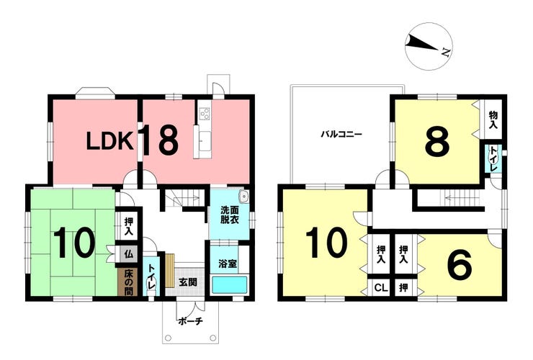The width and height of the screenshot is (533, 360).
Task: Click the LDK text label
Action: [109, 141]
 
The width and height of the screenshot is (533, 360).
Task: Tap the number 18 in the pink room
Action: [159, 139]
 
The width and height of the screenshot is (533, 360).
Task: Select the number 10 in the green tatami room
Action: [73, 243]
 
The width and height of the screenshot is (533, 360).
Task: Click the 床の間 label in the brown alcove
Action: [127, 282]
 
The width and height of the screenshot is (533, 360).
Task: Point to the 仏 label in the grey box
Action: [128, 254]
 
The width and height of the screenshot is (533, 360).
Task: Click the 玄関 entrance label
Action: [188, 282]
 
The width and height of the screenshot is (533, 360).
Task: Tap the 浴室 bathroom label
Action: [228, 264]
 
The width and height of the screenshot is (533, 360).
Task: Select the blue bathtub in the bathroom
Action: [230, 285]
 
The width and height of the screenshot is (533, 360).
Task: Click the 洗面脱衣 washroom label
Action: [230, 215]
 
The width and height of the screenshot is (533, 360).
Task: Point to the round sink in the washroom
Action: [243, 197]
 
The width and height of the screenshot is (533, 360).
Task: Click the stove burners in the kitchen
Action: [205, 113]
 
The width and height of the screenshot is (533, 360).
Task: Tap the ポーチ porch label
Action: [190, 321]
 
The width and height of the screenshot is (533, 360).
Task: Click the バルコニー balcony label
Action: [341, 134]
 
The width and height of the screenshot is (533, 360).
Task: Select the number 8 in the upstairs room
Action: [437, 141]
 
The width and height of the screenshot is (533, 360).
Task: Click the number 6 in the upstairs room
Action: [460, 264]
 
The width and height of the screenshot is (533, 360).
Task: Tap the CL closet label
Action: [381, 288]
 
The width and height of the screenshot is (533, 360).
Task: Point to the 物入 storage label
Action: [493, 120]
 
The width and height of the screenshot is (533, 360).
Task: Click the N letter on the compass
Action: [446, 52]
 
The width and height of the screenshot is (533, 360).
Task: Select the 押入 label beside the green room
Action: [128, 226]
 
